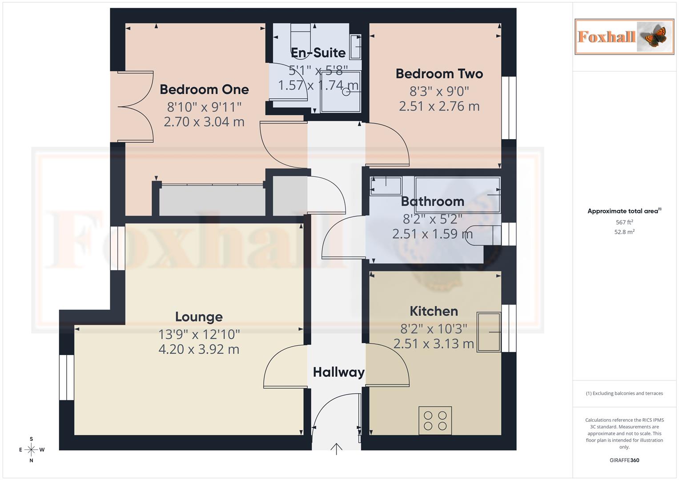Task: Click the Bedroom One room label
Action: pyautogui.click(x=204, y=89)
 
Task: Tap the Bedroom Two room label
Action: pyautogui.click(x=439, y=74)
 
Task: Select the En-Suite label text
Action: pyautogui.click(x=318, y=53)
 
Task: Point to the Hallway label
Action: pyautogui.click(x=338, y=372)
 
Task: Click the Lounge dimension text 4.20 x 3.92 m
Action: pyautogui.click(x=199, y=349)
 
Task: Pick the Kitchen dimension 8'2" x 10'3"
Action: pyautogui.click(x=434, y=329)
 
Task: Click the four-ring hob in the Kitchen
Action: pyautogui.click(x=435, y=420)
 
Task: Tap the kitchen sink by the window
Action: pyautogui.click(x=489, y=332)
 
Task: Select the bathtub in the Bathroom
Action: pyautogui.click(x=457, y=194)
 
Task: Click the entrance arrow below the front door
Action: pyautogui.click(x=336, y=449)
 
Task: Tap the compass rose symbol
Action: pyautogui.click(x=31, y=450)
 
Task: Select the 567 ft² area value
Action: pyautogui.click(x=624, y=222)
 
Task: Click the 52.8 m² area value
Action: pyautogui.click(x=624, y=232)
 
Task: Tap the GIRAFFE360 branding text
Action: pyautogui.click(x=624, y=460)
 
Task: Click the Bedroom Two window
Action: pyautogui.click(x=509, y=108)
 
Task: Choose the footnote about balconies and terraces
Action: pyautogui.click(x=624, y=393)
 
